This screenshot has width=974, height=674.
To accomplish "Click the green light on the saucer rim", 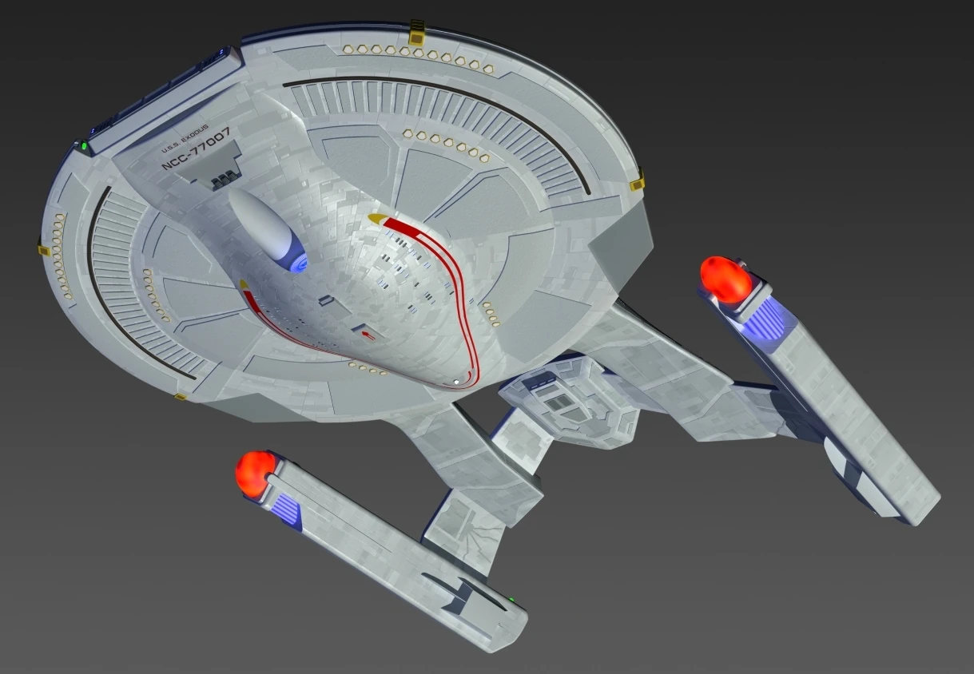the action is click(x=82, y=146).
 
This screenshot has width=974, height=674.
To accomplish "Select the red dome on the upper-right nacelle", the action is click(x=725, y=279).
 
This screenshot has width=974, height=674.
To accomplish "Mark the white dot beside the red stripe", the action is click(x=456, y=382).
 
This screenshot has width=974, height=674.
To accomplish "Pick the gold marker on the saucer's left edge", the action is click(x=44, y=249).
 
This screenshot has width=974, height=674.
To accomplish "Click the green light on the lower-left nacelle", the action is click(x=511, y=599).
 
